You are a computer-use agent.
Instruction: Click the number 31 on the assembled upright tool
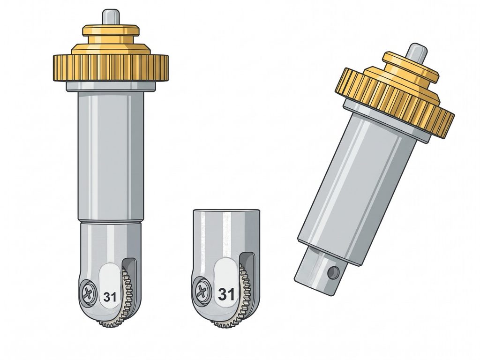(110, 297)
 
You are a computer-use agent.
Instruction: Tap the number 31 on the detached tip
(226, 294)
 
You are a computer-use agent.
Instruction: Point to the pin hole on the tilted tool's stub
(333, 271)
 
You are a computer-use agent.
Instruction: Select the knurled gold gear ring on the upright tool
(111, 68)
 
